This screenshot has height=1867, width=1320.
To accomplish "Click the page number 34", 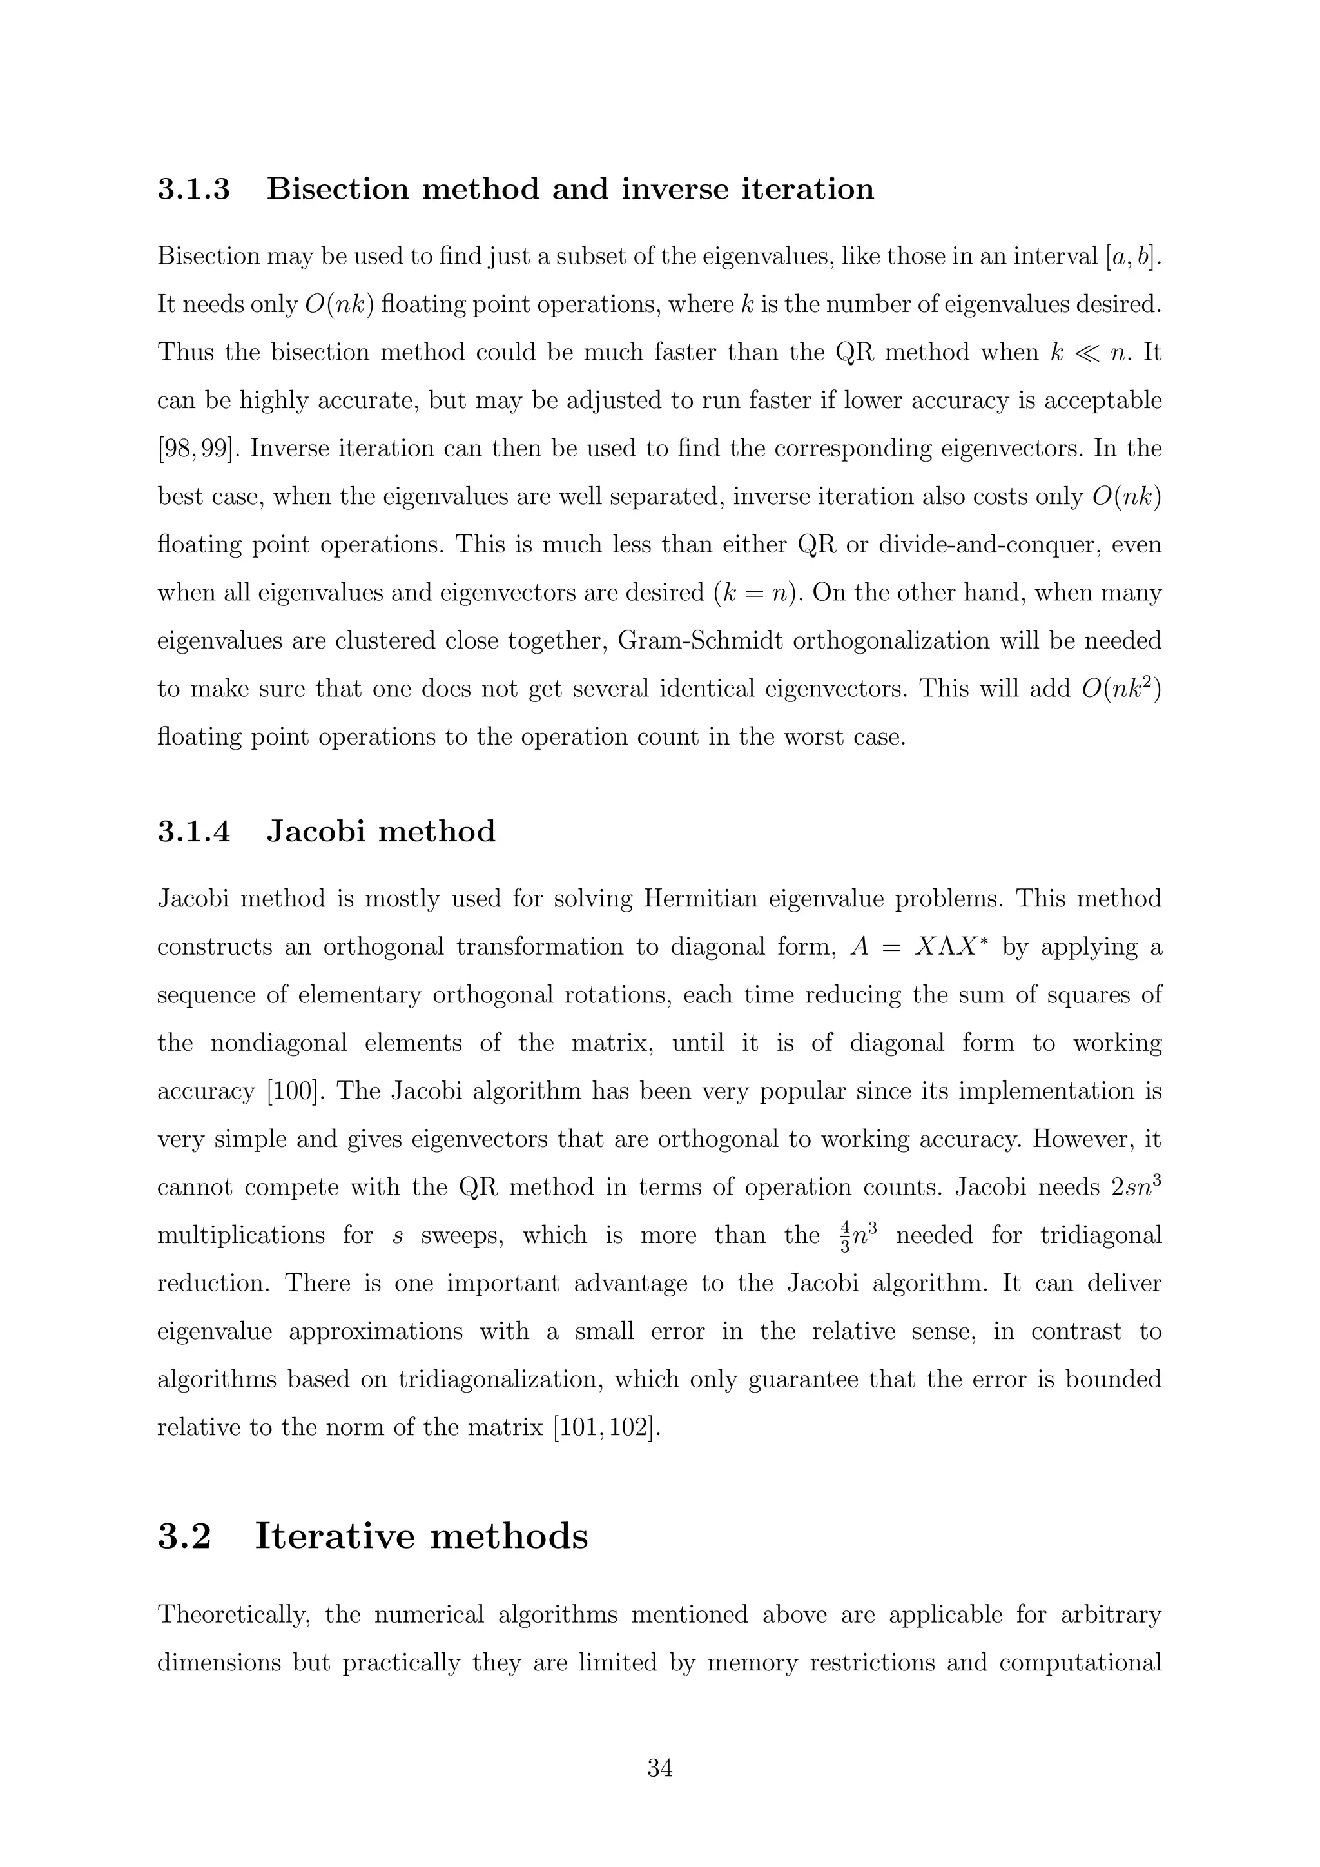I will pos(659,1768).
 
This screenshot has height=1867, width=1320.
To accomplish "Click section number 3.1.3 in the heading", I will pos(193,190).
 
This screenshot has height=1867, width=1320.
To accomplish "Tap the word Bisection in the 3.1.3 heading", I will pos(336,190).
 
